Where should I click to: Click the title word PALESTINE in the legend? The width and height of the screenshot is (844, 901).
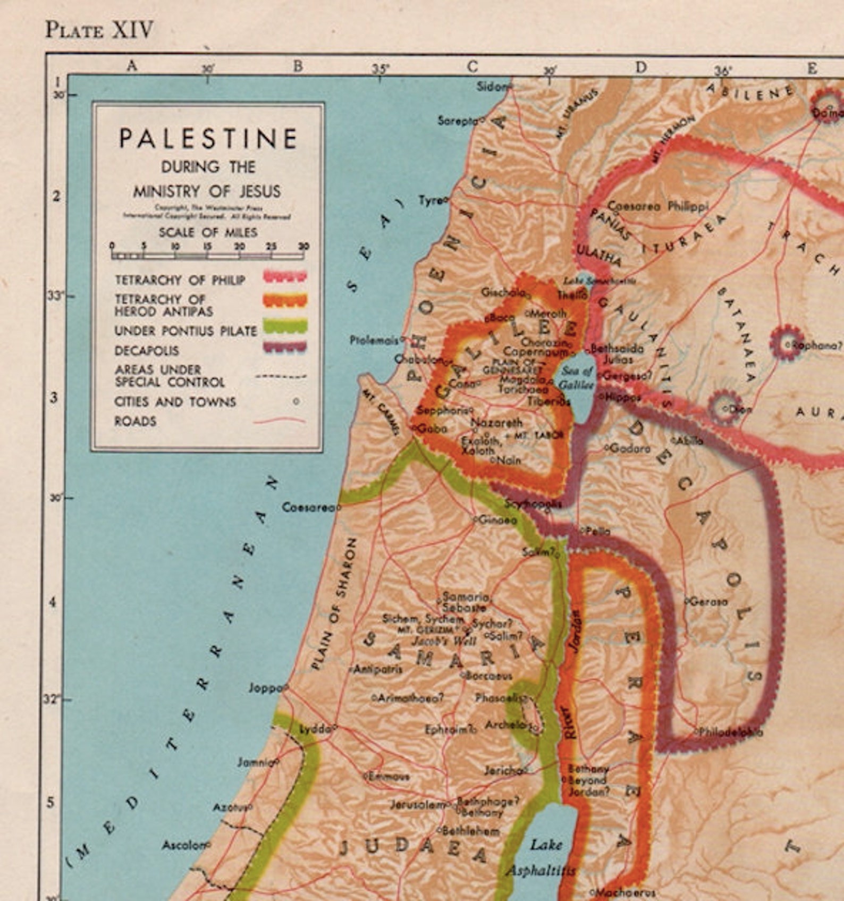click(208, 139)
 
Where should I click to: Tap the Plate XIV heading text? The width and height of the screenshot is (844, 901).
click(99, 30)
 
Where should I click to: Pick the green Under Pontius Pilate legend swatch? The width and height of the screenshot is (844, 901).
click(284, 326)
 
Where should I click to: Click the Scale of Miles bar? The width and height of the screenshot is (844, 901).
click(207, 255)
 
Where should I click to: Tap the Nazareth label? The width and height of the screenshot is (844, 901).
click(496, 423)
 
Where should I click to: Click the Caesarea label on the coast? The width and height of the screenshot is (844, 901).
click(308, 507)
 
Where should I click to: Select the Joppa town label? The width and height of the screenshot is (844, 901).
click(264, 688)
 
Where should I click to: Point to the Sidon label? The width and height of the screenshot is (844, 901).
click(491, 86)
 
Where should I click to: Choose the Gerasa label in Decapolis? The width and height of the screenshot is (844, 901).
click(708, 602)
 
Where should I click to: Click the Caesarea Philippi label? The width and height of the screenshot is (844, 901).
click(657, 206)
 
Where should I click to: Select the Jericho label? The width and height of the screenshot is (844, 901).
click(503, 770)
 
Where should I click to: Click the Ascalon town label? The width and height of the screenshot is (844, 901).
click(183, 845)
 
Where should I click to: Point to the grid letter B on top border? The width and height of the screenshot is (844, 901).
click(298, 66)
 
